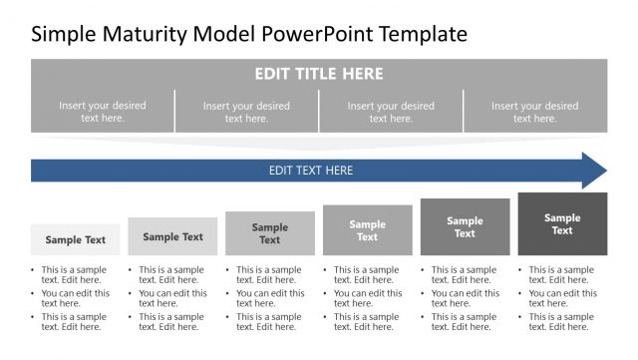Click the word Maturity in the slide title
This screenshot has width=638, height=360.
click(132, 34)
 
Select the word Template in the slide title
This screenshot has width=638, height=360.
click(418, 34)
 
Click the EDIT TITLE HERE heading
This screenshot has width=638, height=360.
click(318, 74)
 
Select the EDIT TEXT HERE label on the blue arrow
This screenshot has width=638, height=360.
click(310, 171)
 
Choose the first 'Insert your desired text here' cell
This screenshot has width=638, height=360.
click(102, 112)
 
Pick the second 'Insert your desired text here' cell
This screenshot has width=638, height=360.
click(246, 112)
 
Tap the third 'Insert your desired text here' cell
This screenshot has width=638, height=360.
click(391, 112)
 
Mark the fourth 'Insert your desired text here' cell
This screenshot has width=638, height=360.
click(534, 112)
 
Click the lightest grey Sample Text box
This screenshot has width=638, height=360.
click(75, 240)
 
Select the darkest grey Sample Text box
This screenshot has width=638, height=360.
click(562, 224)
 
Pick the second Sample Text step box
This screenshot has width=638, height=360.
click(172, 237)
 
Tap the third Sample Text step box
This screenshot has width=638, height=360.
click(270, 233)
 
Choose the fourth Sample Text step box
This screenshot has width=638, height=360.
click(367, 230)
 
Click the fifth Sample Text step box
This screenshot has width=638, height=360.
click(465, 227)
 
